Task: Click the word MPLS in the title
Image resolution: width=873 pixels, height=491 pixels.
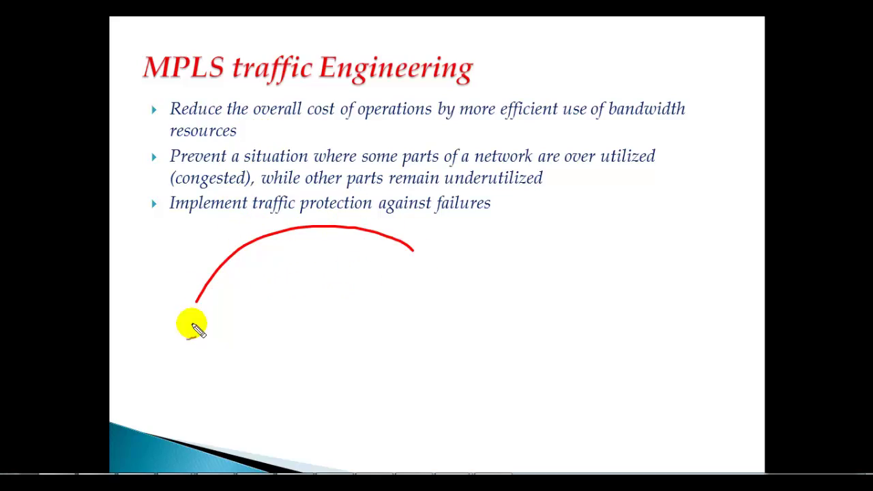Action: pyautogui.click(x=183, y=67)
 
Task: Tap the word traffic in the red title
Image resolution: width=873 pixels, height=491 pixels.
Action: pyautogui.click(x=272, y=69)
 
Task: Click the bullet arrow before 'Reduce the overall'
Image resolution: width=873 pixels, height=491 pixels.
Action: pyautogui.click(x=154, y=110)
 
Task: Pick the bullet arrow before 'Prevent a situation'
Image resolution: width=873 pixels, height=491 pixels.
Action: pyautogui.click(x=154, y=157)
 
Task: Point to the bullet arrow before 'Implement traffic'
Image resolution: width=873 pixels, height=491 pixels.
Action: pyautogui.click(x=154, y=204)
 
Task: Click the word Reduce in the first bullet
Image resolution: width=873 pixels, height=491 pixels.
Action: pyautogui.click(x=195, y=108)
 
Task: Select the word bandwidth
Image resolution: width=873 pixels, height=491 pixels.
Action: pyautogui.click(x=647, y=108)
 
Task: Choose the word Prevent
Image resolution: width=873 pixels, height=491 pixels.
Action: pyautogui.click(x=198, y=156)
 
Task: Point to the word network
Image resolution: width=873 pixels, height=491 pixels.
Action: pyautogui.click(x=503, y=156)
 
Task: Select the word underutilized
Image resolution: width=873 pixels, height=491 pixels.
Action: pyautogui.click(x=493, y=178)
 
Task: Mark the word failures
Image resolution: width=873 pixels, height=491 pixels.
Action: pyautogui.click(x=463, y=203)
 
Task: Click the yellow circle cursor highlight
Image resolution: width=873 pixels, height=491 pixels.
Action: pyautogui.click(x=192, y=323)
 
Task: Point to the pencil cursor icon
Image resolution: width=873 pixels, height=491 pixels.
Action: pyautogui.click(x=198, y=331)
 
